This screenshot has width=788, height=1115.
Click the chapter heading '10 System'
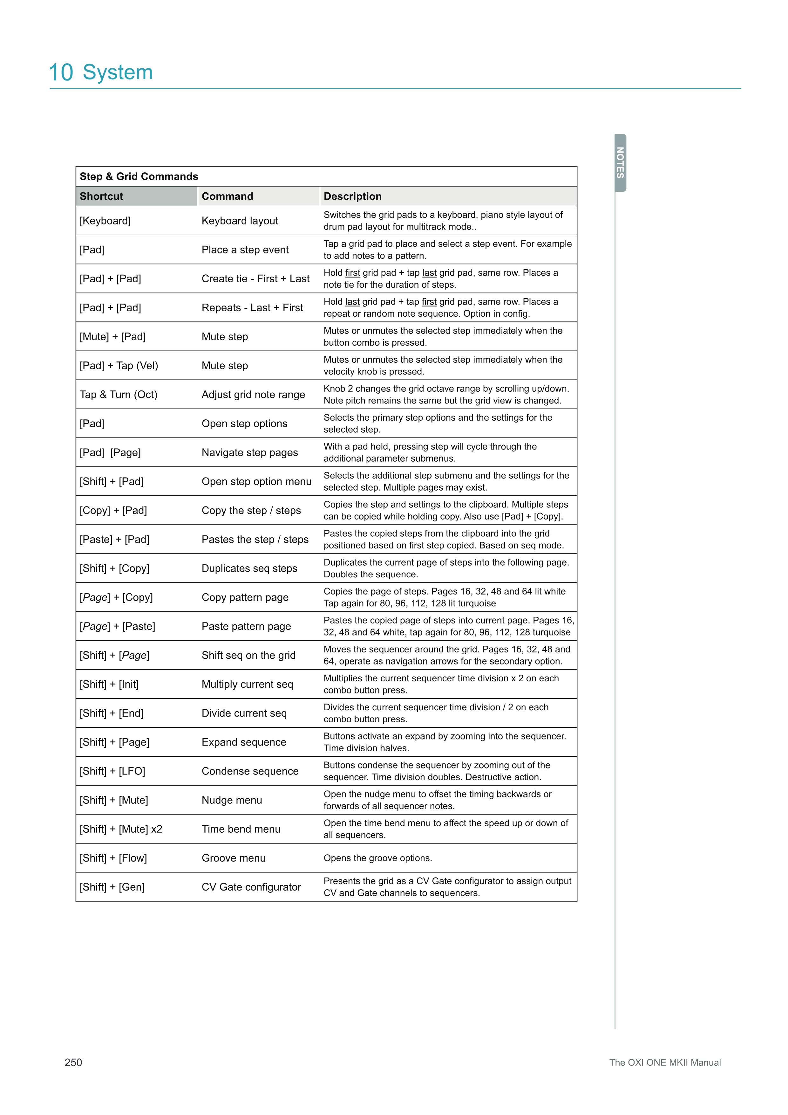pyautogui.click(x=101, y=72)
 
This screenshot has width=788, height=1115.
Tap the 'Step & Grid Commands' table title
pyautogui.click(x=139, y=176)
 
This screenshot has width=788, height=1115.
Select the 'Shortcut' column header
pyautogui.click(x=101, y=196)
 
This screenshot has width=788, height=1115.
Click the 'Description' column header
pyautogui.click(x=352, y=196)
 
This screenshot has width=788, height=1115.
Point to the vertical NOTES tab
pyautogui.click(x=620, y=163)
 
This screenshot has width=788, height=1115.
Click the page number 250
pyautogui.click(x=73, y=1062)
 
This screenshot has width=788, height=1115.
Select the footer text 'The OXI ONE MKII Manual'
pyautogui.click(x=664, y=1062)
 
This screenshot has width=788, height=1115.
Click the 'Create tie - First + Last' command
pyautogui.click(x=255, y=279)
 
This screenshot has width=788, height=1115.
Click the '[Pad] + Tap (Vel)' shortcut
pyautogui.click(x=119, y=365)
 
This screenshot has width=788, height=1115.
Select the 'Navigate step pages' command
pyautogui.click(x=250, y=453)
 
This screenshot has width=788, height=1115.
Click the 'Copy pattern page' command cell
pyautogui.click(x=245, y=597)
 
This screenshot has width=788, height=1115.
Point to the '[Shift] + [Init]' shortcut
pyautogui.click(x=109, y=684)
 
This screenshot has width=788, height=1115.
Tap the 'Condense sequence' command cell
pyautogui.click(x=250, y=771)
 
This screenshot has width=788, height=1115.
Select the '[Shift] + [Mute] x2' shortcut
pyautogui.click(x=121, y=829)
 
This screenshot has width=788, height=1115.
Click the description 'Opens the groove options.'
pyautogui.click(x=377, y=858)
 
